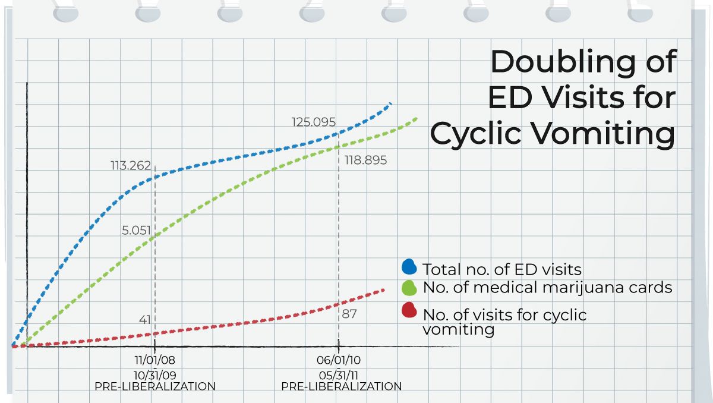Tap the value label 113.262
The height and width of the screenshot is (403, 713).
(x=130, y=166)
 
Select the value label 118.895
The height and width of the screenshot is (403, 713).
(x=365, y=160)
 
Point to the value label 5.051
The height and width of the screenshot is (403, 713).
(x=136, y=231)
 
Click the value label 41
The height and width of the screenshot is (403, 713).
(x=145, y=320)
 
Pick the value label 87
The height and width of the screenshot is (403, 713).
(x=349, y=314)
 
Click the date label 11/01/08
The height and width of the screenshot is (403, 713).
(x=154, y=360)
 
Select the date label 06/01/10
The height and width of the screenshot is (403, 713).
(x=339, y=360)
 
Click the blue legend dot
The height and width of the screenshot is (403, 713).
(x=409, y=267)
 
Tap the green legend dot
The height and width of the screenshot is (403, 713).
(x=409, y=288)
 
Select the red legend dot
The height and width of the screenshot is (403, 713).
(x=409, y=310)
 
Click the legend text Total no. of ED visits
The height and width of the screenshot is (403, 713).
(x=501, y=269)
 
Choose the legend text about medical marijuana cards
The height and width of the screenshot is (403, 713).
(x=547, y=288)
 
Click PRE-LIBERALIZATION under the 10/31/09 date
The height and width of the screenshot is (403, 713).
(x=154, y=386)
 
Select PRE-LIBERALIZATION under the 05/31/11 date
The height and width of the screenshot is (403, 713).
(x=341, y=386)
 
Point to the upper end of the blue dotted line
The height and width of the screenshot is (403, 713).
(x=390, y=104)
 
